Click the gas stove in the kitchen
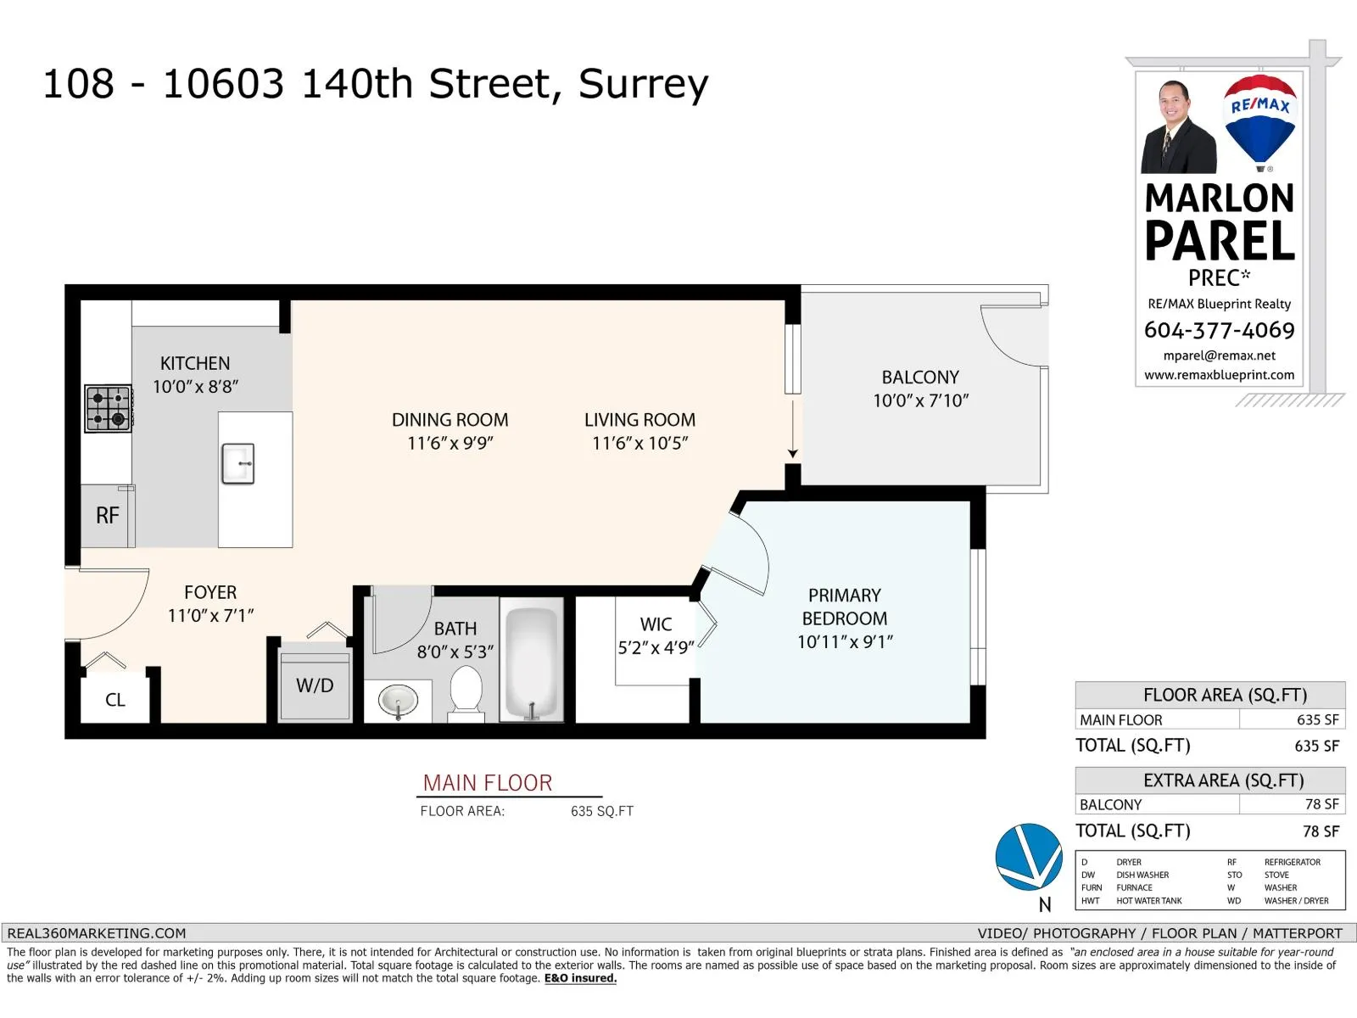coord(109,409)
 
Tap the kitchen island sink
coord(238,463)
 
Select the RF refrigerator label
coord(108,516)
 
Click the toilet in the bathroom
coord(466,693)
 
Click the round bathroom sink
coord(398,702)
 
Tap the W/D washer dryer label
coord(315,685)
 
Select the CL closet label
coord(115,701)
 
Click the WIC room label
coord(656,624)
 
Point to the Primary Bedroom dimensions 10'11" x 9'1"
coord(845,642)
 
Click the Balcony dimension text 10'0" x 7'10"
coord(920,400)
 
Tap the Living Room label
coord(639,420)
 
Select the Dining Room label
coord(450,420)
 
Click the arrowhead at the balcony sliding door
coord(792,454)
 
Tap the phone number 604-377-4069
coord(1219,330)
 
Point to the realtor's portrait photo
coord(1178,126)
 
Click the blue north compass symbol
coord(1029,857)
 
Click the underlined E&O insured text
coord(580,978)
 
